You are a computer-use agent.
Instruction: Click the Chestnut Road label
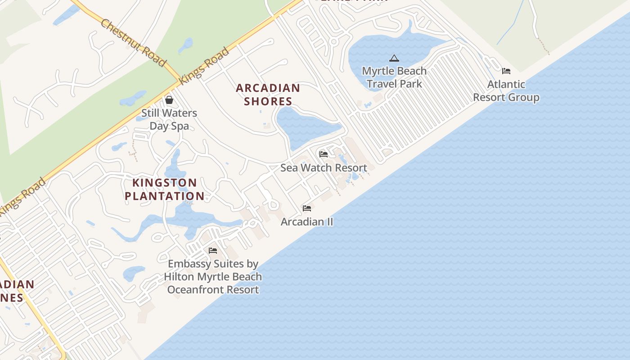pos(133,43)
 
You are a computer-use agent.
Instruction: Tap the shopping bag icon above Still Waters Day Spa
pos(169,99)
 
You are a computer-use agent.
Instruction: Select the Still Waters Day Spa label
pos(169,119)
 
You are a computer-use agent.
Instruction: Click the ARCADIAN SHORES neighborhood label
pos(268,94)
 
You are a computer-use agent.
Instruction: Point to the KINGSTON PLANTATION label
pos(165,189)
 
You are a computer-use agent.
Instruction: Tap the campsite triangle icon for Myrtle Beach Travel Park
pos(394,58)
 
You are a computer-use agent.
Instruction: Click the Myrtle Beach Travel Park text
pos(394,77)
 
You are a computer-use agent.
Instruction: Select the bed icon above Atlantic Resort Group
pos(506,71)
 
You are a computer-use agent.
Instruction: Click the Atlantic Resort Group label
pos(506,91)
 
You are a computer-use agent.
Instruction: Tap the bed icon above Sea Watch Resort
pos(324,154)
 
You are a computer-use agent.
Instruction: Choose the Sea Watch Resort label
pos(324,168)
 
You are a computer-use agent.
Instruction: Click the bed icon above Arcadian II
pos(307,208)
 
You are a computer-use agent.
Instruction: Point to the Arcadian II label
pos(307,222)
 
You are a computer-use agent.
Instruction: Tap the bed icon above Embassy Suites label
pos(213,251)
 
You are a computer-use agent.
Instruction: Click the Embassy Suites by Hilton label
pos(213,277)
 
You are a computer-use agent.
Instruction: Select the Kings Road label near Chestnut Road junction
pos(205,66)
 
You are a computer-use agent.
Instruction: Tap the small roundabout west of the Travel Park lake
pos(333,42)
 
